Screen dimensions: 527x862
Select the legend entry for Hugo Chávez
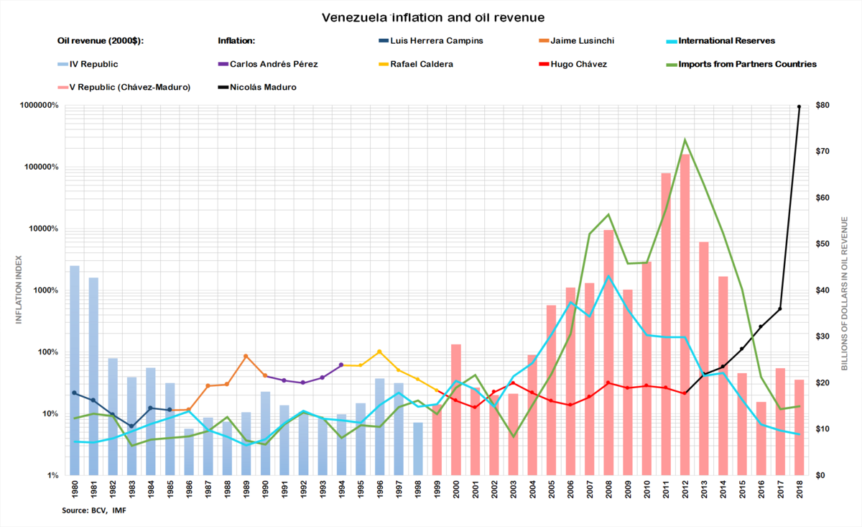(578, 64)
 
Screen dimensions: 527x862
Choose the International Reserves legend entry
(726, 41)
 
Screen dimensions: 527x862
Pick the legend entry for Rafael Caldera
(422, 64)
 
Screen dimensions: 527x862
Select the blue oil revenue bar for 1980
(75, 370)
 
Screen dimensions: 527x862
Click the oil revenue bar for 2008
(608, 352)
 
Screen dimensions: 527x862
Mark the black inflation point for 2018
(799, 106)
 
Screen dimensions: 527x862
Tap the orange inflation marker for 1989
(246, 356)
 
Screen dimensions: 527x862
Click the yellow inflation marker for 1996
(379, 352)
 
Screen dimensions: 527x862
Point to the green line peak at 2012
(685, 139)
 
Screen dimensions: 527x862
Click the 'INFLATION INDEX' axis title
(19, 290)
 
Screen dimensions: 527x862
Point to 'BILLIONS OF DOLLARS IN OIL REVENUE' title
(845, 290)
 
